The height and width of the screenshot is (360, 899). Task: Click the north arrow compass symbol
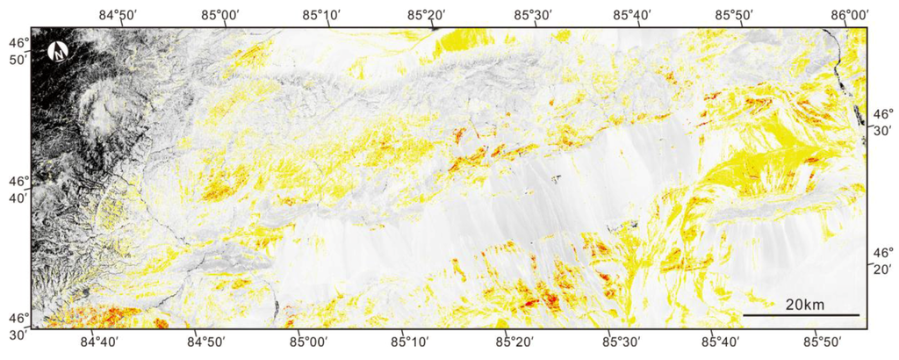[x=59, y=52]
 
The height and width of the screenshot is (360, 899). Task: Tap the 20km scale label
[x=804, y=304]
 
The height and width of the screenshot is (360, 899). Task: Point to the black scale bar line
[x=801, y=315]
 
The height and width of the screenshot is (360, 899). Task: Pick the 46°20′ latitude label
[x=881, y=261]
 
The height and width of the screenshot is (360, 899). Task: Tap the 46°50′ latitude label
[x=18, y=50]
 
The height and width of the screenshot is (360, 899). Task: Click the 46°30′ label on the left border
[x=18, y=326]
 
